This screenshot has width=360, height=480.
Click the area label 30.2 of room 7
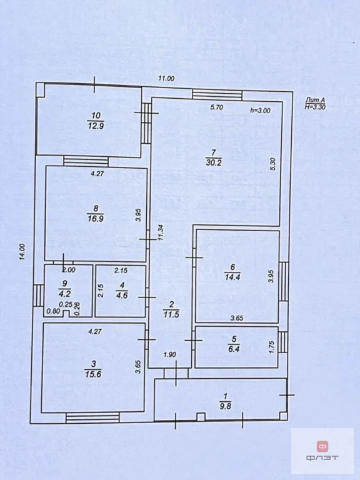[x=213, y=162]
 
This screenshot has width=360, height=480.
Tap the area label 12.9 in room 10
[x=96, y=125]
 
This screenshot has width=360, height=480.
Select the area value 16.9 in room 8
[x=95, y=219]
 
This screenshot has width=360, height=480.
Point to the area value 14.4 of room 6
[x=232, y=277]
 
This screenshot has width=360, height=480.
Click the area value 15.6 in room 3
[x=92, y=374]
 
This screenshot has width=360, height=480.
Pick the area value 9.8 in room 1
[x=225, y=406]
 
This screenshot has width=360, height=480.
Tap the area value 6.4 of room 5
[x=234, y=349]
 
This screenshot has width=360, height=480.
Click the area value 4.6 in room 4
[x=122, y=296]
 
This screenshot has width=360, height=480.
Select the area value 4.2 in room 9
[x=64, y=294]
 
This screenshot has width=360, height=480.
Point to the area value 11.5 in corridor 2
[x=171, y=314]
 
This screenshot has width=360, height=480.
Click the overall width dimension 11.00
[x=166, y=78]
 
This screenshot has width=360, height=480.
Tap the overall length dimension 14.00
[x=22, y=252]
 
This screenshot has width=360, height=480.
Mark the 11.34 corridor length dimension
[x=161, y=233]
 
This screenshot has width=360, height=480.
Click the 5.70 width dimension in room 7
[x=217, y=107]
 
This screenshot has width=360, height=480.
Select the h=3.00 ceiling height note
[x=260, y=111]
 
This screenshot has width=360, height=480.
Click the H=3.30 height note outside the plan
[x=315, y=106]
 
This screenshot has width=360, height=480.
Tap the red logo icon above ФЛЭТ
[x=322, y=446]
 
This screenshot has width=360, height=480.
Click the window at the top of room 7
[x=217, y=94]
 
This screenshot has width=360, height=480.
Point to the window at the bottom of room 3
[x=92, y=417]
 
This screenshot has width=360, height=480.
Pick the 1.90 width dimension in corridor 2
[x=170, y=354]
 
